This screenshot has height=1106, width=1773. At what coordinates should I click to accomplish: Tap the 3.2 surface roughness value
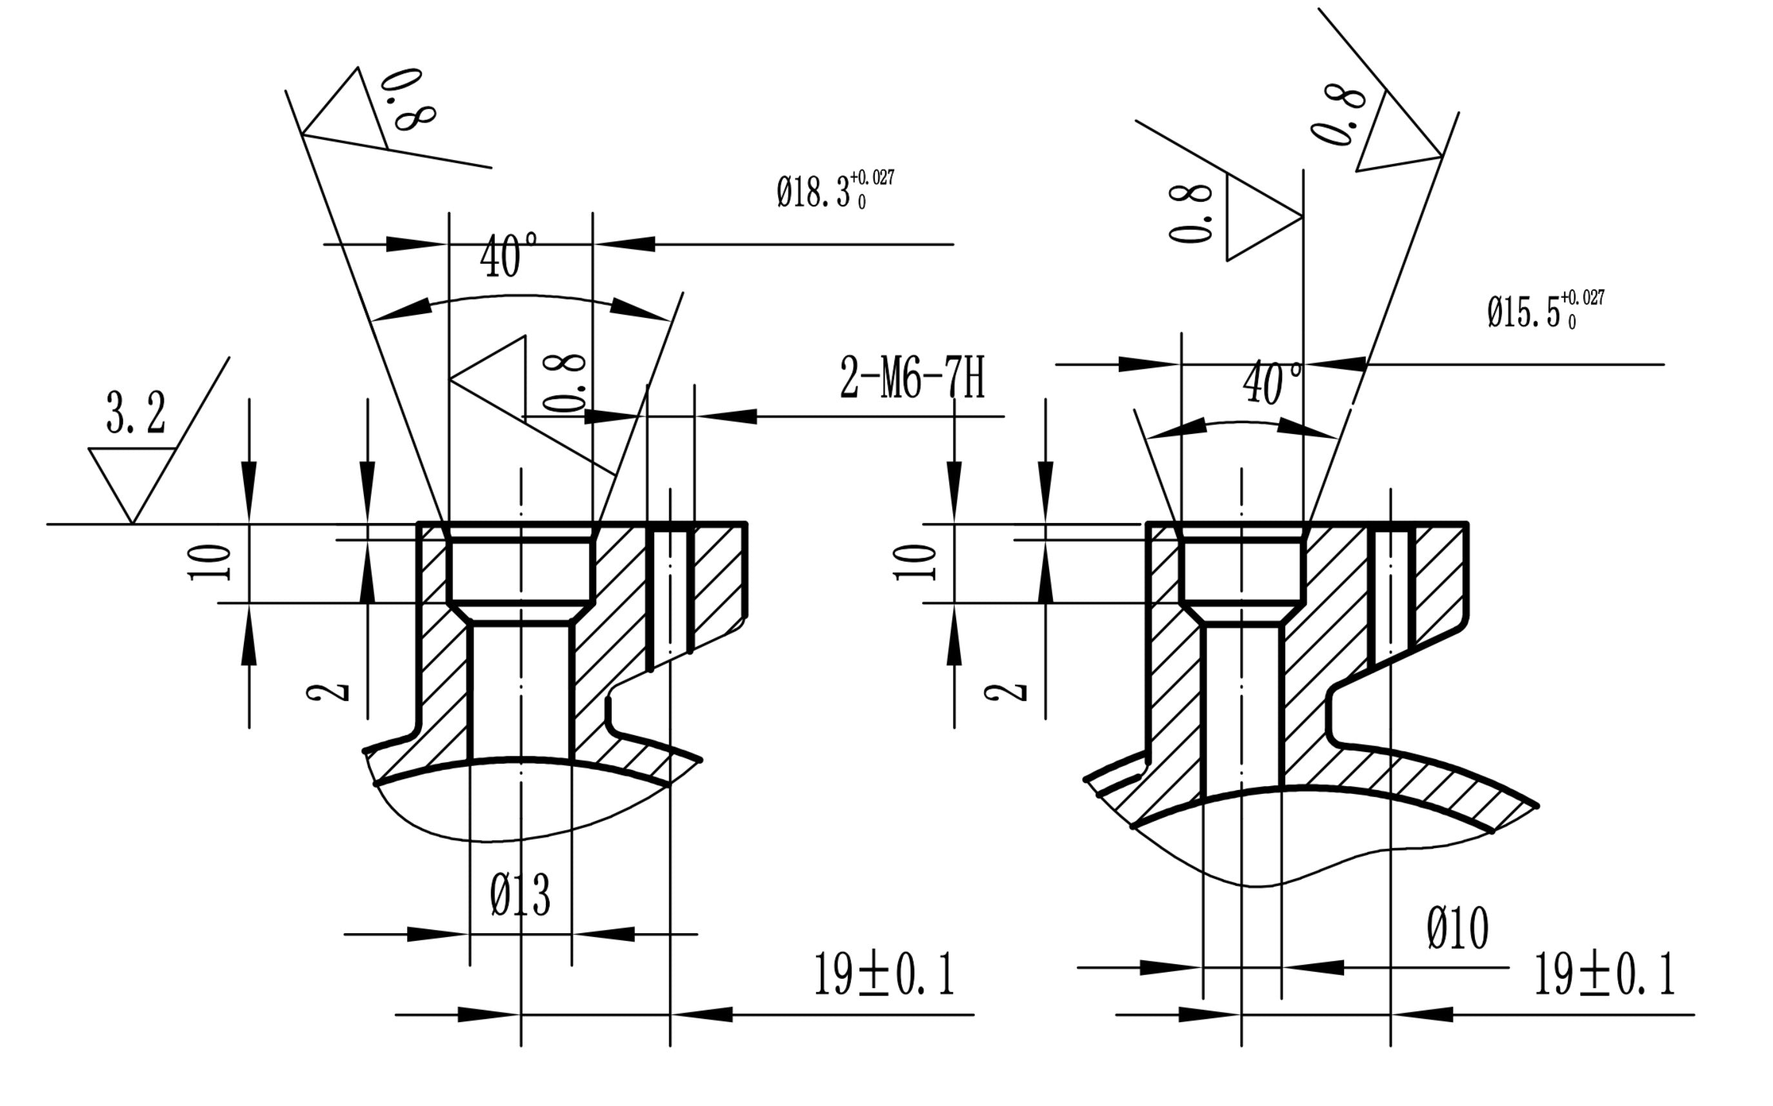coord(136,414)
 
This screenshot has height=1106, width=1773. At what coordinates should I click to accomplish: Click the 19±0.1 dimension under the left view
coord(884,975)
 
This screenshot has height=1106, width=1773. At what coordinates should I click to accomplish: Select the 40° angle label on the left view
coord(508,256)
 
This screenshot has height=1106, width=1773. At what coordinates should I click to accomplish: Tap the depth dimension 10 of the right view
coord(916,562)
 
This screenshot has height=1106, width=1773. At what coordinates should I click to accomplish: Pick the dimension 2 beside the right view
coord(1005,691)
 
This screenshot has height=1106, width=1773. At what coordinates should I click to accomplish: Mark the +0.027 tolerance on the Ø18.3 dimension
coord(872,178)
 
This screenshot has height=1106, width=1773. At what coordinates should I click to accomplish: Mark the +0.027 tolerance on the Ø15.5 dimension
coord(1583,298)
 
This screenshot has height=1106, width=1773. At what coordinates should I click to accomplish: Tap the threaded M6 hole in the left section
coord(670,593)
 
